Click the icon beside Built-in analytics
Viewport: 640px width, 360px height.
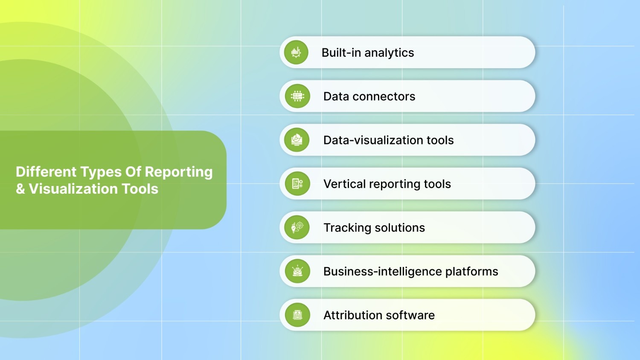click(x=296, y=52)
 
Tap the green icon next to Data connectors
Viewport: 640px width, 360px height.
click(x=297, y=96)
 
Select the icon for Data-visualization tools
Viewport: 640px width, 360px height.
click(x=297, y=140)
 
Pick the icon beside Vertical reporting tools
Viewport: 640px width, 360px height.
click(x=297, y=184)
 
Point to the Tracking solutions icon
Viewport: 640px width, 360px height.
click(x=297, y=227)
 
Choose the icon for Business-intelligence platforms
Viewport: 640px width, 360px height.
click(x=297, y=271)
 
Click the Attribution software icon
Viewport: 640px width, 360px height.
click(x=297, y=315)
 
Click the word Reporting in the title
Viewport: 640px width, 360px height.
click(x=178, y=172)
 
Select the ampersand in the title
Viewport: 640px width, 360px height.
click(x=20, y=189)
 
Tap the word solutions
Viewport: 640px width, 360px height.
click(x=399, y=228)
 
